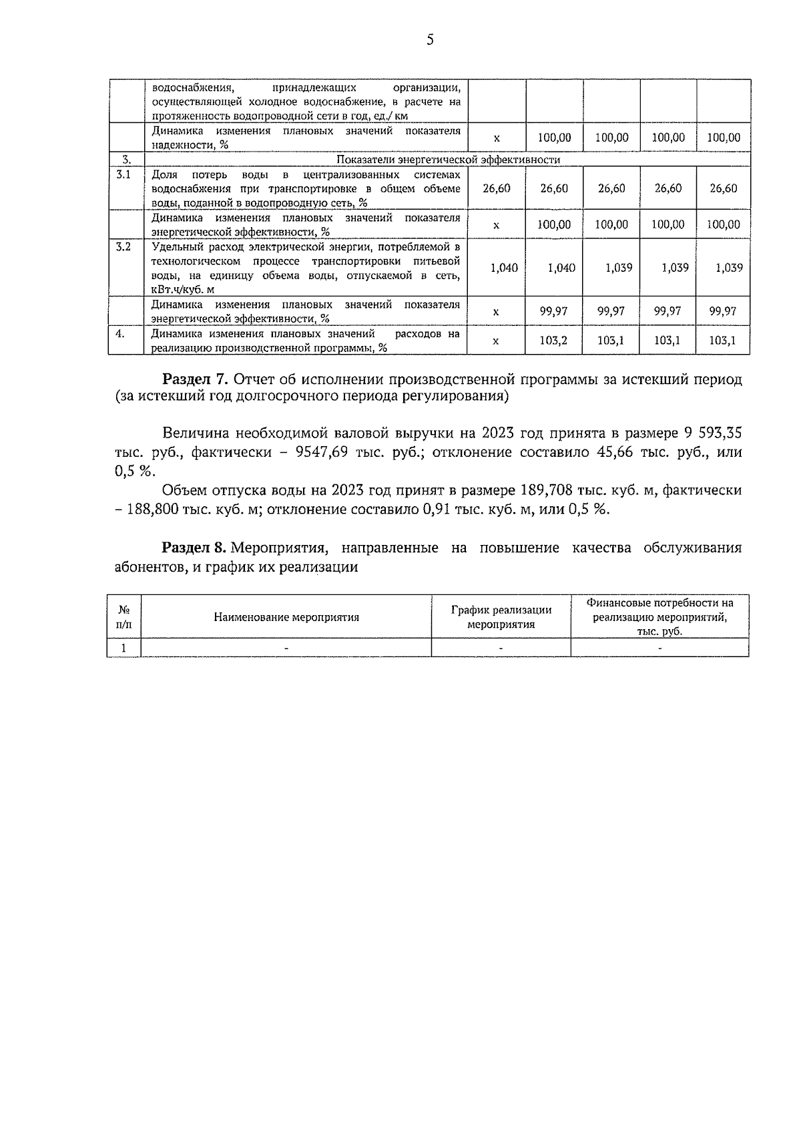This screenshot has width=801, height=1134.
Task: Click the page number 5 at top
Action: tap(430, 40)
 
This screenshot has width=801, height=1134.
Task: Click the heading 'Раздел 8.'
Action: tap(195, 548)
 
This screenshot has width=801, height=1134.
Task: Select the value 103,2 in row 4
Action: tap(553, 341)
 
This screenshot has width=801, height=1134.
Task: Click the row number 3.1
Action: tap(123, 175)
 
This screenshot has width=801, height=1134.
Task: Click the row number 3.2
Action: tap(123, 247)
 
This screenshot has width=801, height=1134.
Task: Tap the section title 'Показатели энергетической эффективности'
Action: tap(448, 160)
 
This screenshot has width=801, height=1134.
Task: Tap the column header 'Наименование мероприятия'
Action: tap(286, 617)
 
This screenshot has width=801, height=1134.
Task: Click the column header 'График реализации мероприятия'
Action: tap(501, 617)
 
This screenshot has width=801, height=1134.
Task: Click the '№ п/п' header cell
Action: tap(124, 617)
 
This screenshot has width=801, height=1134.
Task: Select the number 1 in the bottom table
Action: tap(124, 648)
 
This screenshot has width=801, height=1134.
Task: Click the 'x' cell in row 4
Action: tap(495, 341)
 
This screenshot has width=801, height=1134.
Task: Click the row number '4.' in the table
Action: tap(120, 334)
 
